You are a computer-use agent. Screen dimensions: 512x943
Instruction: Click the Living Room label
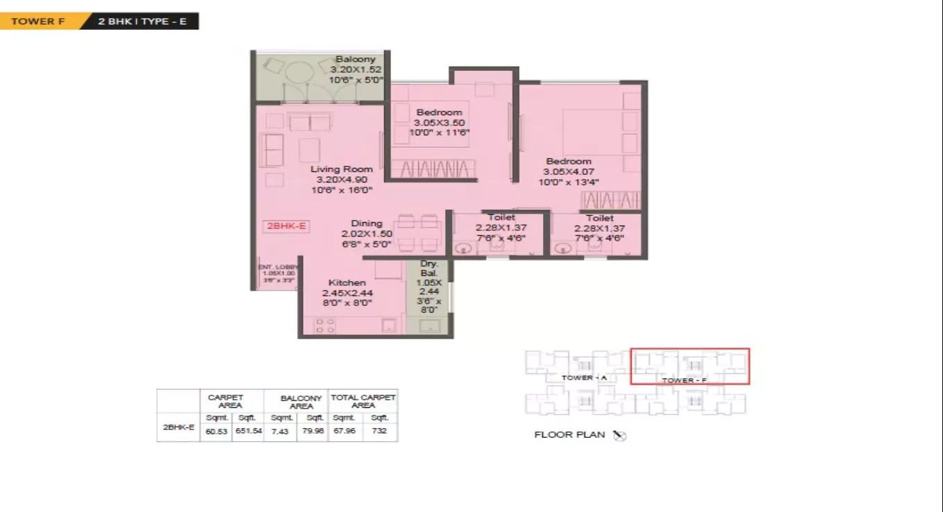[x=341, y=169]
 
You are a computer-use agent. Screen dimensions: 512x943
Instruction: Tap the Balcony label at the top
[x=355, y=60]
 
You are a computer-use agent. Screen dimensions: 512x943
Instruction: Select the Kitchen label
[x=347, y=282]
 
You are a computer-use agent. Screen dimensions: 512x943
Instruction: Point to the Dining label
[x=366, y=223]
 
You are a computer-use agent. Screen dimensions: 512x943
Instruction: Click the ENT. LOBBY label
[x=278, y=266]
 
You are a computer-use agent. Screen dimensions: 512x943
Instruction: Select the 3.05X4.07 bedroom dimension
[x=569, y=172]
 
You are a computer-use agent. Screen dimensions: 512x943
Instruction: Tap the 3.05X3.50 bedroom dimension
[x=439, y=122]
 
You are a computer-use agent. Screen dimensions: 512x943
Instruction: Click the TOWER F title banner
[x=33, y=22]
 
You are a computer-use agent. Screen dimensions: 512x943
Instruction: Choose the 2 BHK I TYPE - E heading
[x=142, y=22]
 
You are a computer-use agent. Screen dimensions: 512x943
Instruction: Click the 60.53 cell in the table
[x=216, y=431]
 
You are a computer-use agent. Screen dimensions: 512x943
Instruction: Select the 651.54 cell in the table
[x=248, y=431]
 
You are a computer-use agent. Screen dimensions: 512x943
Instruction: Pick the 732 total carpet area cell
[x=379, y=431]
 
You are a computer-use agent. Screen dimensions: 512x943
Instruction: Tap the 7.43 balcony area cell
[x=280, y=431]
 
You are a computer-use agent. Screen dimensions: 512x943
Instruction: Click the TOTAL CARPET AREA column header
[x=363, y=401]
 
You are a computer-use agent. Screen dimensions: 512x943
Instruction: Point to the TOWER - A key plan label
[x=584, y=377]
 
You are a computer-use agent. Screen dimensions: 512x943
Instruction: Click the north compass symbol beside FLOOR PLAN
[x=620, y=435]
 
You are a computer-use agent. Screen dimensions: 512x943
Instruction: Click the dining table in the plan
[x=419, y=233]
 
